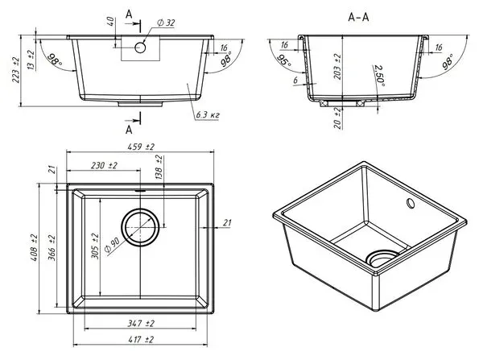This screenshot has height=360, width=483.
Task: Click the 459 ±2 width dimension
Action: pos(141,147)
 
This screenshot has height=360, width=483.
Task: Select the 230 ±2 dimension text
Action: pos(104,166)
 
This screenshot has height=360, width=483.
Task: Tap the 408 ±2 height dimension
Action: pos(34,248)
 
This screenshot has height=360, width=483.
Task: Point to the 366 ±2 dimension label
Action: pos(52,248)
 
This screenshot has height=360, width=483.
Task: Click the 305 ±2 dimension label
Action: pos(96,246)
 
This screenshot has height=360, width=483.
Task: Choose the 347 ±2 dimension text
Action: pos(141,323)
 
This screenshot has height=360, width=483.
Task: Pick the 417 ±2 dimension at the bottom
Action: pos(140,340)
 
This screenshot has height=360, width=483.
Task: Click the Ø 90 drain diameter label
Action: pos(112,246)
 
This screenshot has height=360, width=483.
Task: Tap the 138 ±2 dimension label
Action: pos(159,168)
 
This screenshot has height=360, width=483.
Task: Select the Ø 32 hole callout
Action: pos(166,23)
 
